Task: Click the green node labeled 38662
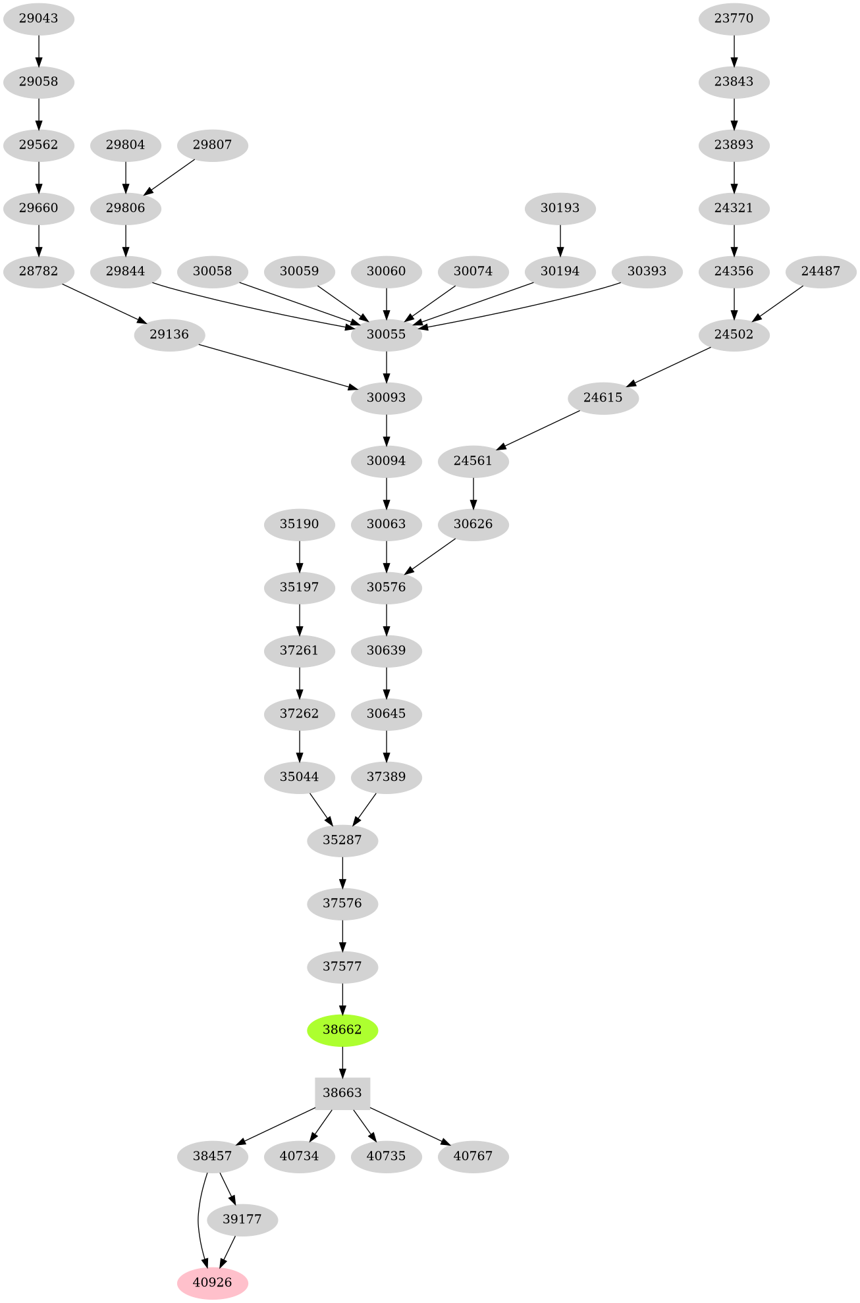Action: (x=342, y=1030)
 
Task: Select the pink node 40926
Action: (x=213, y=1283)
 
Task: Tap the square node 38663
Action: (x=342, y=1093)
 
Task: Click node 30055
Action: (x=387, y=334)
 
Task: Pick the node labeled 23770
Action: (x=734, y=18)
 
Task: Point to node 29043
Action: (x=39, y=18)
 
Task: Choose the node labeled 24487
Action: (x=821, y=271)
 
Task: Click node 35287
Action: (x=342, y=840)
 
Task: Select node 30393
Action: (x=647, y=271)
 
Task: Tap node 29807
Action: (x=213, y=145)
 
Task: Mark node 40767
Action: (x=473, y=1156)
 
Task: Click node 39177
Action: (x=242, y=1219)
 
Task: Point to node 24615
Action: (x=603, y=398)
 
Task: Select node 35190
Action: (x=300, y=524)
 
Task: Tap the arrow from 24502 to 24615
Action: (x=668, y=366)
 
